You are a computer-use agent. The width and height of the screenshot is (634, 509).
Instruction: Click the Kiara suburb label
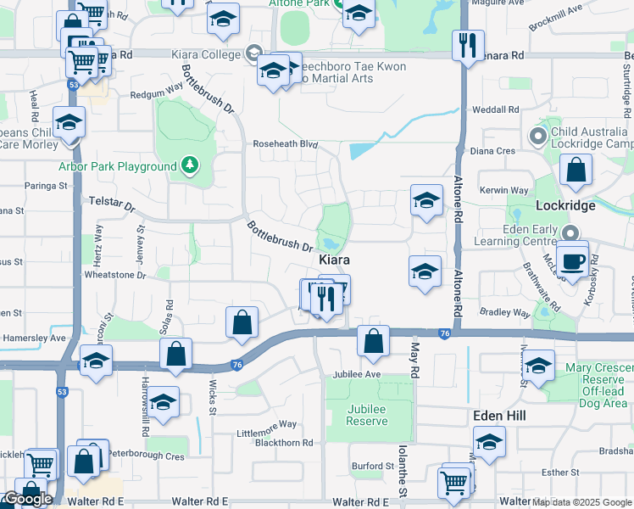click(335, 259)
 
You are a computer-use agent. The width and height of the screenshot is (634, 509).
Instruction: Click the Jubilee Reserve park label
click(367, 415)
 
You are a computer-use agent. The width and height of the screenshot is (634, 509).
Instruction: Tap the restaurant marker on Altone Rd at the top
click(467, 44)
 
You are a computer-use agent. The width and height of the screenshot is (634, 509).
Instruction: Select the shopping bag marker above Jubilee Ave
click(373, 341)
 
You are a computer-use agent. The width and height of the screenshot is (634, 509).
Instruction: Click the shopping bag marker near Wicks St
click(175, 354)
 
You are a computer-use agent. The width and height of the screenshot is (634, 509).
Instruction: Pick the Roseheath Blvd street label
click(285, 144)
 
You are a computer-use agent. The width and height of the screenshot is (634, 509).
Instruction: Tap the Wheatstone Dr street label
click(115, 275)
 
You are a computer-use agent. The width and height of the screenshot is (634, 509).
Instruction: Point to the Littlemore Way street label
click(267, 424)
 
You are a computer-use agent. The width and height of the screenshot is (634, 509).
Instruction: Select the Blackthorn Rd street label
click(284, 442)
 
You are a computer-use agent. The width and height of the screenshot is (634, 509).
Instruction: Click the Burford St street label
click(374, 466)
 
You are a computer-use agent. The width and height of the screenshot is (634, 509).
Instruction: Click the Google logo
click(27, 499)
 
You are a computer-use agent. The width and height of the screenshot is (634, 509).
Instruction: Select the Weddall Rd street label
click(495, 109)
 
